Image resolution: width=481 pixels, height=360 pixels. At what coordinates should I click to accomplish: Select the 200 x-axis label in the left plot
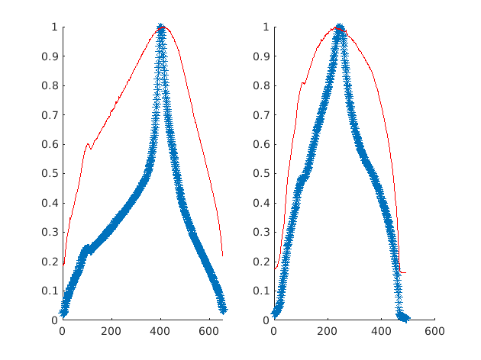tap(111, 332)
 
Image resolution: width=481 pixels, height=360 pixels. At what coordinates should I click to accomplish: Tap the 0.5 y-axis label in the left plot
tap(47, 173)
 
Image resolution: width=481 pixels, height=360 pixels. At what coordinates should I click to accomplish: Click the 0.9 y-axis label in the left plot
tap(47, 56)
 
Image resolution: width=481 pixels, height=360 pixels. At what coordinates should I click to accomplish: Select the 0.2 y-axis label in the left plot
tap(47, 262)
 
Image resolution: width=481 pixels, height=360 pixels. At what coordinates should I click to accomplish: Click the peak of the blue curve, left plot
tap(160, 27)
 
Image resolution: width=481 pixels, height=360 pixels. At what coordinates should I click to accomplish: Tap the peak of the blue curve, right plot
tap(340, 27)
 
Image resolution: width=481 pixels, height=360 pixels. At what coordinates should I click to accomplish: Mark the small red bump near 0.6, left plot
tap(87, 144)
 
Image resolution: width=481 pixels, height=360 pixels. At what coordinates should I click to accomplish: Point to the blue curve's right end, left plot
tap(224, 310)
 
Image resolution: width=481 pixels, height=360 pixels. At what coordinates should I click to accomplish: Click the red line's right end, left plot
tap(222, 256)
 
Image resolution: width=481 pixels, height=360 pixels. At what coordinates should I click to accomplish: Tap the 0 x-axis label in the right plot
tap(274, 332)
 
